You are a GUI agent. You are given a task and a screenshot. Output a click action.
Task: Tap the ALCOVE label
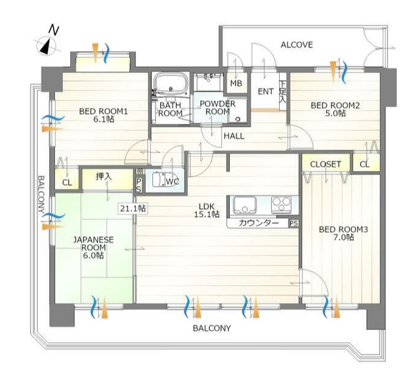pos(297,45)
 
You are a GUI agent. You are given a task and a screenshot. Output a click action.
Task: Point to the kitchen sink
pos(244,205)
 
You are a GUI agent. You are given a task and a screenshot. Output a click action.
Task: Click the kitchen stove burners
pos(281,205)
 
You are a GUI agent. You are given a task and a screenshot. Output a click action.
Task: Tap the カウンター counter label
pos(259,223)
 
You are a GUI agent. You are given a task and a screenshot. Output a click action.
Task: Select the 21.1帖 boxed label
pos(133,208)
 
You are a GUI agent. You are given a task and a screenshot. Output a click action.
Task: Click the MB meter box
pos(236,83)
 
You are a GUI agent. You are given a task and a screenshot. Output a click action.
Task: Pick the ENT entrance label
pos(266,92)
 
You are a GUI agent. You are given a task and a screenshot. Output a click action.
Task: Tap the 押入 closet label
pos(104,177)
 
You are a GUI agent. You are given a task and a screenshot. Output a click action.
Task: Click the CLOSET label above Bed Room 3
pos(325,164)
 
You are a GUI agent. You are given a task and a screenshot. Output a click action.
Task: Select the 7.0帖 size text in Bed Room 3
pos(344,237)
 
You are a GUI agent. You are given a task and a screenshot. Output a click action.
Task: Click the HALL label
pos(234,136)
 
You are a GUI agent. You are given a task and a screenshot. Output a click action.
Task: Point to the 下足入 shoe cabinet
pos(283,91)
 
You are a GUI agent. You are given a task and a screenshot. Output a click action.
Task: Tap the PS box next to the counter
pos(294,223)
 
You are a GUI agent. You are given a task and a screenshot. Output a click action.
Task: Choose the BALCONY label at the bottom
pos(211,328)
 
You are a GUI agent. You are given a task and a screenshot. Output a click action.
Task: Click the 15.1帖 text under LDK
pos(207,214)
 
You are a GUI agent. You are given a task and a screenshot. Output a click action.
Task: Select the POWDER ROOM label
pos(218,108)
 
